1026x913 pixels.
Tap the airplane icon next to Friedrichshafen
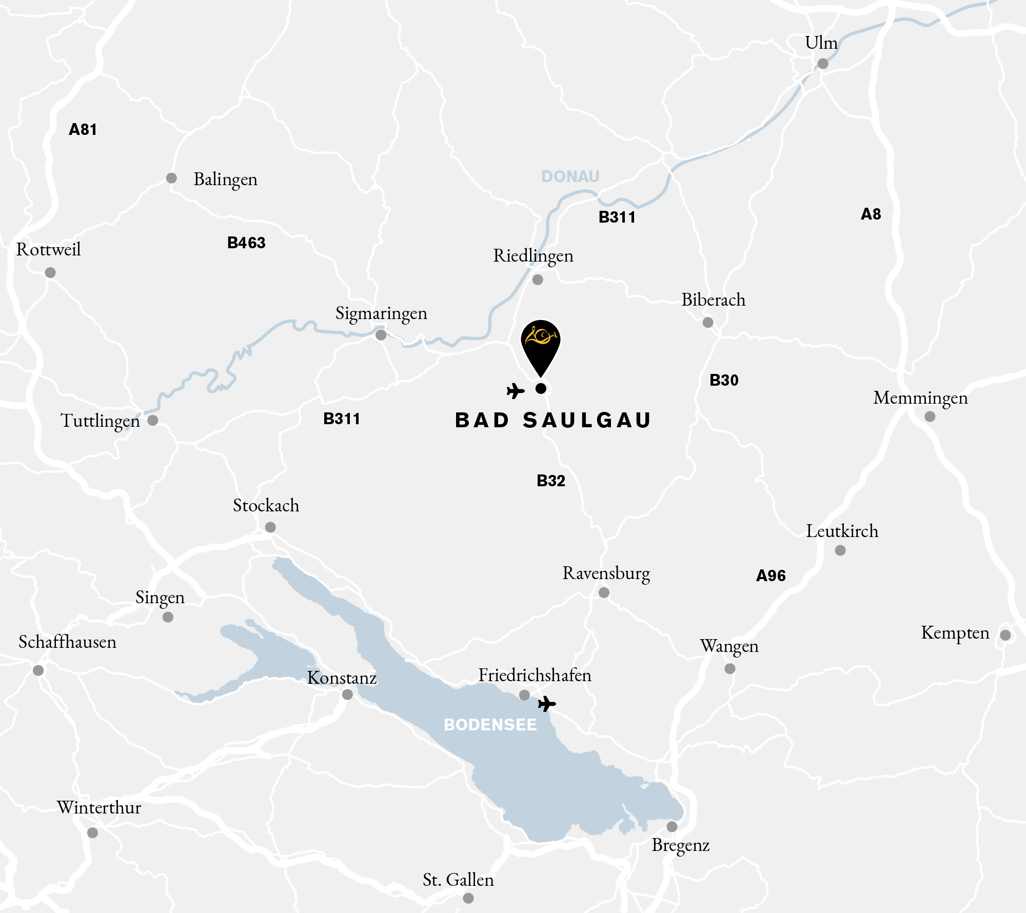547,704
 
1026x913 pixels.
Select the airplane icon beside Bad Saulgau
516,391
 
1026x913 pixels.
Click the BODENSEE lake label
490,725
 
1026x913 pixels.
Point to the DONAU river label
570,176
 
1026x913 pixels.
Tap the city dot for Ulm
823,64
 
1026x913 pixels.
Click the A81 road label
83,129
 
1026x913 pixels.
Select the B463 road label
246,243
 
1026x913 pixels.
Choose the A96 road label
771,575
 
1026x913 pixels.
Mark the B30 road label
724,380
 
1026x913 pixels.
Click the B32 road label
551,481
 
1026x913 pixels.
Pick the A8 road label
871,214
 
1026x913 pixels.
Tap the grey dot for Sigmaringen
381,335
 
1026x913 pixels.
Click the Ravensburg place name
606,573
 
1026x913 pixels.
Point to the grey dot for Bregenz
672,826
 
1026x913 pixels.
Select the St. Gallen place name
458,880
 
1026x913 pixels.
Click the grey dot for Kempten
1005,635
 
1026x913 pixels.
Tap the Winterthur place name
99,807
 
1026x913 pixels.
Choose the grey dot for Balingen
171,178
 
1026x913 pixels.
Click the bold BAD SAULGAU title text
553,420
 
